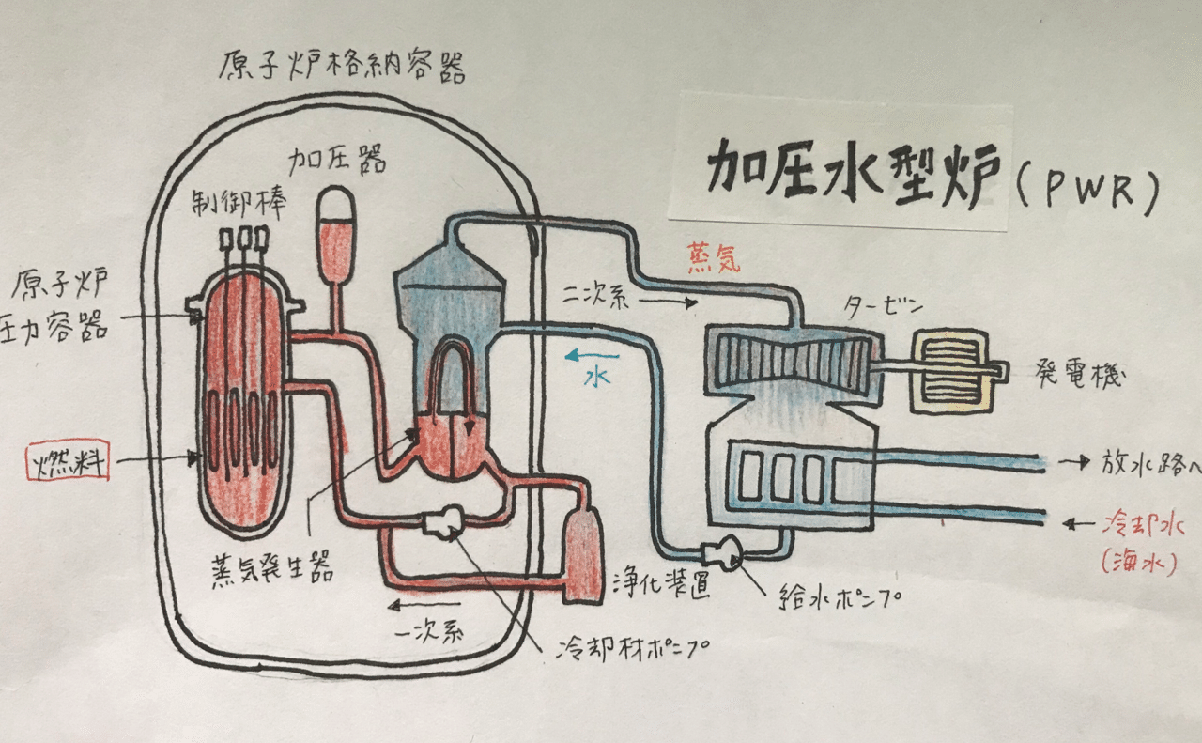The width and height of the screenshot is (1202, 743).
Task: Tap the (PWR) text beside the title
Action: pos(1086,187)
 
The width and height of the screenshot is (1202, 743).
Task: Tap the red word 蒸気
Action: pos(713,259)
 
